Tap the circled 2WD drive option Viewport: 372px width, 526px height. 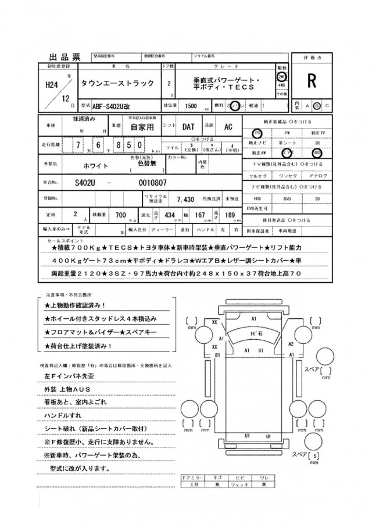pos(281,76)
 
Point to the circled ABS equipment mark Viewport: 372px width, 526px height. pos(317,152)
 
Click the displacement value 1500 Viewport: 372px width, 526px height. pos(189,106)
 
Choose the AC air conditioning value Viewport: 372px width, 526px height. pos(228,126)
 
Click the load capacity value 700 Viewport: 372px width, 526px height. pos(121,215)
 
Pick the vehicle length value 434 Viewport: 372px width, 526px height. pos(169,215)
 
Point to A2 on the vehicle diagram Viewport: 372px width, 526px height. pos(291,344)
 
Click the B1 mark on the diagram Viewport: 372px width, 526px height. pos(217,354)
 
